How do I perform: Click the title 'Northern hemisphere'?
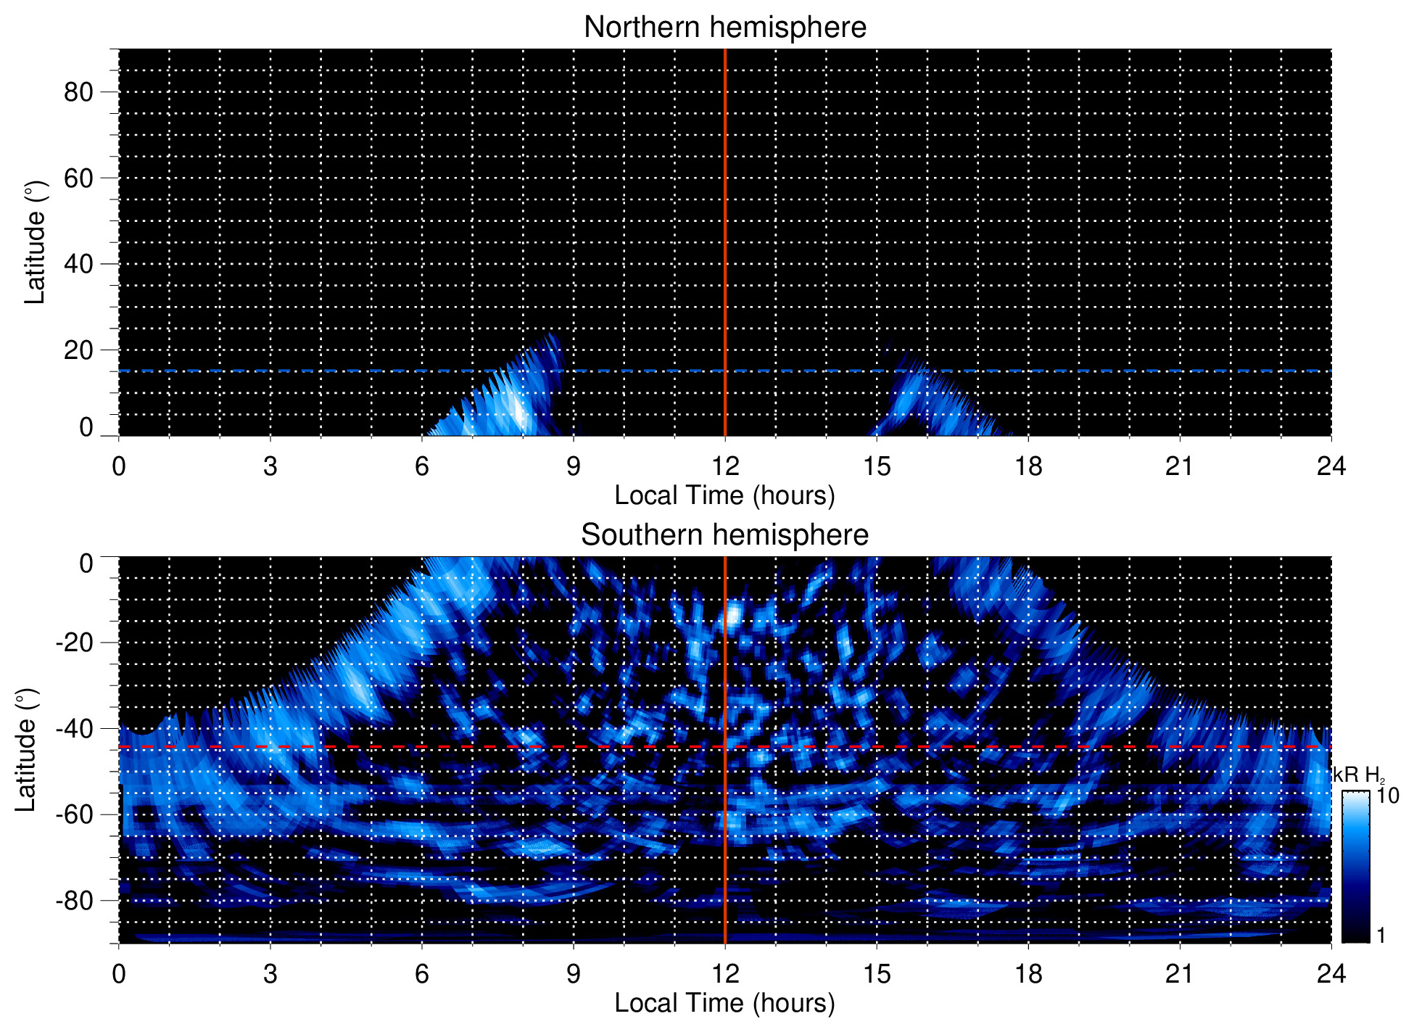pyautogui.click(x=724, y=28)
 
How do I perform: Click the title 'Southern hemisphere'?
pyautogui.click(x=724, y=535)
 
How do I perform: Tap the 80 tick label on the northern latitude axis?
pyautogui.click(x=78, y=92)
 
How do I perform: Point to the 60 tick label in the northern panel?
pyautogui.click(x=78, y=178)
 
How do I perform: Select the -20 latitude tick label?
pyautogui.click(x=74, y=643)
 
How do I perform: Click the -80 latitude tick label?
pyautogui.click(x=74, y=901)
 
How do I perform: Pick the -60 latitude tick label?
pyautogui.click(x=74, y=814)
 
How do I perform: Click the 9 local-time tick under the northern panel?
pyautogui.click(x=574, y=466)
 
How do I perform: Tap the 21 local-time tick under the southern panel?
pyautogui.click(x=1180, y=974)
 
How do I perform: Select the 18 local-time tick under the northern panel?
pyautogui.click(x=1028, y=466)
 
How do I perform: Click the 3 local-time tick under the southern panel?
pyautogui.click(x=270, y=974)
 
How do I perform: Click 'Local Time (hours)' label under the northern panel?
pyautogui.click(x=724, y=496)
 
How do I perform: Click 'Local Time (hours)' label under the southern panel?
pyautogui.click(x=724, y=1004)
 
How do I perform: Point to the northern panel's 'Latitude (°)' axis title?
pyautogui.click(x=35, y=242)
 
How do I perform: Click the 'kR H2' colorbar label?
pyautogui.click(x=1357, y=775)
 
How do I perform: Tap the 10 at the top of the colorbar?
pyautogui.click(x=1387, y=796)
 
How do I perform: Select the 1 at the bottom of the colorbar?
pyautogui.click(x=1381, y=936)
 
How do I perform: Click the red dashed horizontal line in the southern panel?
pyautogui.click(x=435, y=746)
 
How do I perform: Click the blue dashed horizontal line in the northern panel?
pyautogui.click(x=290, y=371)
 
